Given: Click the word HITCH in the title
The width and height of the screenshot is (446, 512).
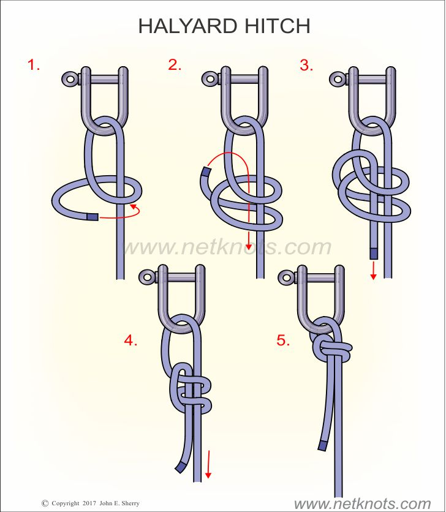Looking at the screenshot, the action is click(277, 26).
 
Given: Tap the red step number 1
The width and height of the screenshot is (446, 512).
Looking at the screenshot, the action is click(34, 65).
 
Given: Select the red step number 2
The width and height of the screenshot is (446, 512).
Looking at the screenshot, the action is click(175, 65).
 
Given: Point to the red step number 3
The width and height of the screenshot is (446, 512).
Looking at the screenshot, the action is click(306, 65).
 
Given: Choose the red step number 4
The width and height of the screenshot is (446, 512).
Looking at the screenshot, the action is click(130, 341).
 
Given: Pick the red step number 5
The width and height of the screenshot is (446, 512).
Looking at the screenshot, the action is click(283, 341).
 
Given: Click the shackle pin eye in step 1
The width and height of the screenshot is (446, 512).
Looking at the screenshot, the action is click(69, 79).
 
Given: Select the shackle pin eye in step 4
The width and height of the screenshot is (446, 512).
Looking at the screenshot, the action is click(146, 277).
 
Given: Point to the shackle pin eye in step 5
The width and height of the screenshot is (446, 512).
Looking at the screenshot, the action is click(285, 277).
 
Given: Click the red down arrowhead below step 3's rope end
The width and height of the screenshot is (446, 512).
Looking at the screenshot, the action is click(373, 276).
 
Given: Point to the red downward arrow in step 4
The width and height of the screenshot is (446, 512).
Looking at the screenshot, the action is click(208, 464).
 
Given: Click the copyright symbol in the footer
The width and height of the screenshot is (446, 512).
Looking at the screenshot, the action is click(45, 503).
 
